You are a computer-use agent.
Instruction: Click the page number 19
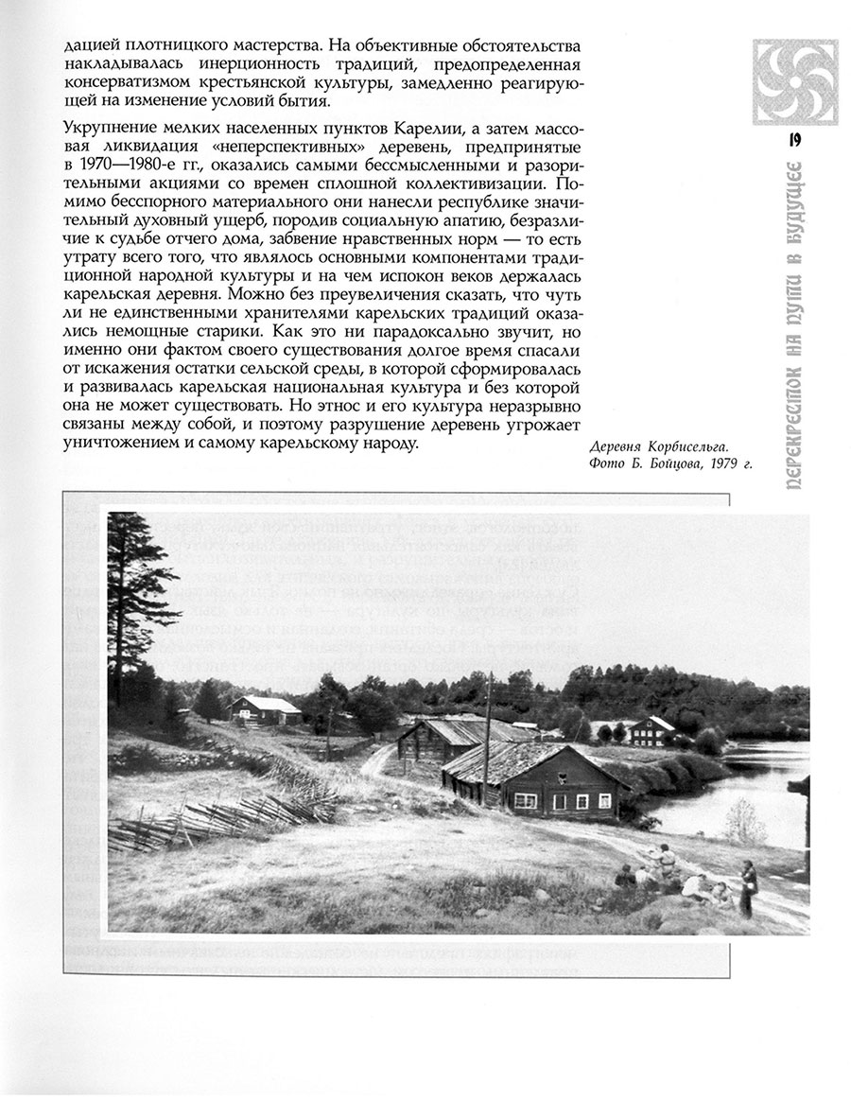click(793, 141)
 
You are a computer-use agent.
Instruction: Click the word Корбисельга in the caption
click(692, 446)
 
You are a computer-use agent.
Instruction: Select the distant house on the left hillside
click(265, 708)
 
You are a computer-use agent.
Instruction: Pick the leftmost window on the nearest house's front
click(521, 800)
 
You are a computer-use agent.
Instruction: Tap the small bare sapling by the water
click(745, 821)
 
